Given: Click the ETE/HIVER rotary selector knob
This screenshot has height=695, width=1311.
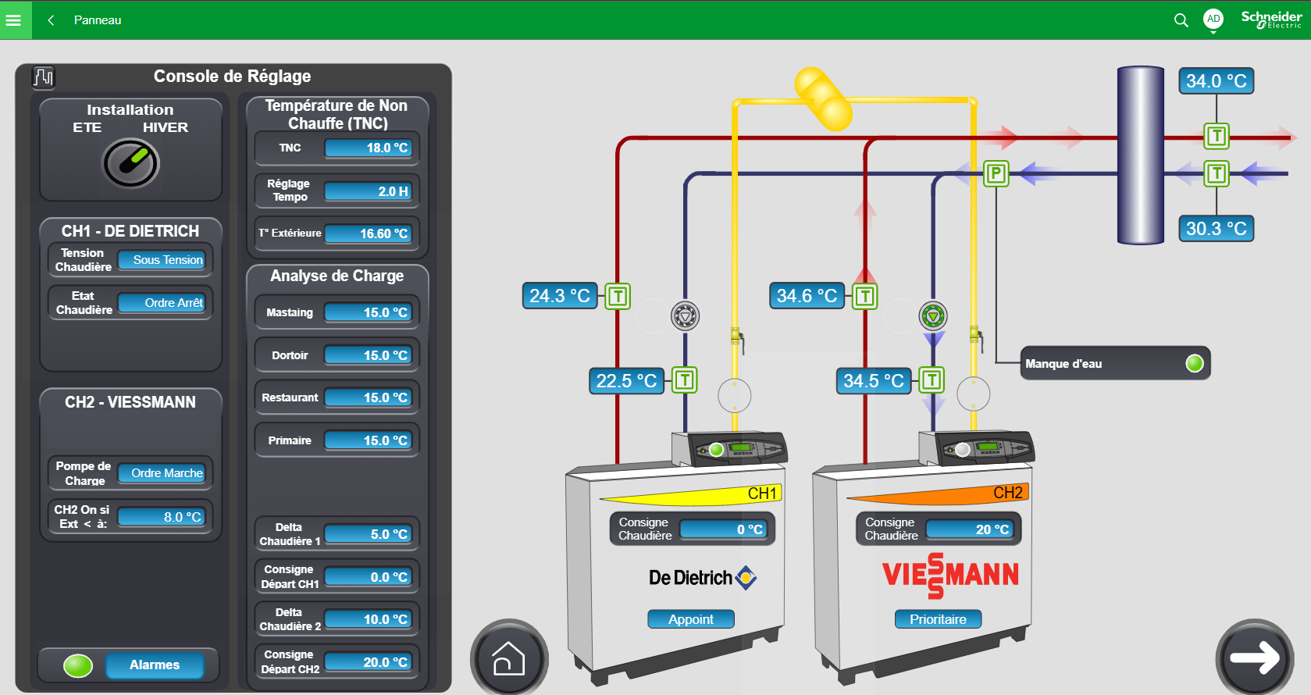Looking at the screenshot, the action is tap(130, 163).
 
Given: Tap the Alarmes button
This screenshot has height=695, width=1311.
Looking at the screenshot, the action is tap(155, 665).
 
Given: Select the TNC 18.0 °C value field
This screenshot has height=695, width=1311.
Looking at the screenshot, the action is tap(369, 148).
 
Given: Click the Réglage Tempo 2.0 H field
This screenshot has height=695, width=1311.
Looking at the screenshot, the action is tap(369, 191).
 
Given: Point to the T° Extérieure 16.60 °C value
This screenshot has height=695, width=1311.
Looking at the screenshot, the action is tap(369, 233).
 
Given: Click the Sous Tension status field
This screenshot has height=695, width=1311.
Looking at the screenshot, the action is tap(162, 260).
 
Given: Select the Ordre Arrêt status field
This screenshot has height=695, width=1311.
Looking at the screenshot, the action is tap(162, 303).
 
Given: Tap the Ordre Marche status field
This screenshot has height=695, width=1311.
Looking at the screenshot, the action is tap(162, 473).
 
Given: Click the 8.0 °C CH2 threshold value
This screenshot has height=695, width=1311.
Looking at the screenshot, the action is tap(162, 517).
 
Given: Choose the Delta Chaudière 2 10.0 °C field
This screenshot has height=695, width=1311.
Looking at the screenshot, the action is tap(369, 619).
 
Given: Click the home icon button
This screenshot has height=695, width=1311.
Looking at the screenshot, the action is tap(508, 658).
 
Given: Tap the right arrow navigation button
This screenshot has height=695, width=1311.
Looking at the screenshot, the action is tap(1255, 658).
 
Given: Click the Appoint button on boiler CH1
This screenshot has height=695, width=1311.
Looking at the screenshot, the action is tap(691, 619).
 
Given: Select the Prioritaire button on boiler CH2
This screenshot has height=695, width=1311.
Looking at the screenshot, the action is tap(939, 619).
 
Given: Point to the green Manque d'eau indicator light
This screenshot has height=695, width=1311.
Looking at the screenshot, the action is tap(1195, 364).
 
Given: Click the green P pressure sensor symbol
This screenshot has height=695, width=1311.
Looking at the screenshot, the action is tap(996, 173).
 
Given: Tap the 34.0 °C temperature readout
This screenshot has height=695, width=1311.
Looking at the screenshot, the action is tap(1217, 80).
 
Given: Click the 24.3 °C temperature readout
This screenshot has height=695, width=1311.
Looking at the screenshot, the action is tap(560, 296).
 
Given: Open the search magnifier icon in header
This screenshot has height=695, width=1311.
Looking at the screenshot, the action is tap(1181, 20).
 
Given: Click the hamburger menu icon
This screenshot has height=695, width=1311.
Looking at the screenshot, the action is tap(13, 20).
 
